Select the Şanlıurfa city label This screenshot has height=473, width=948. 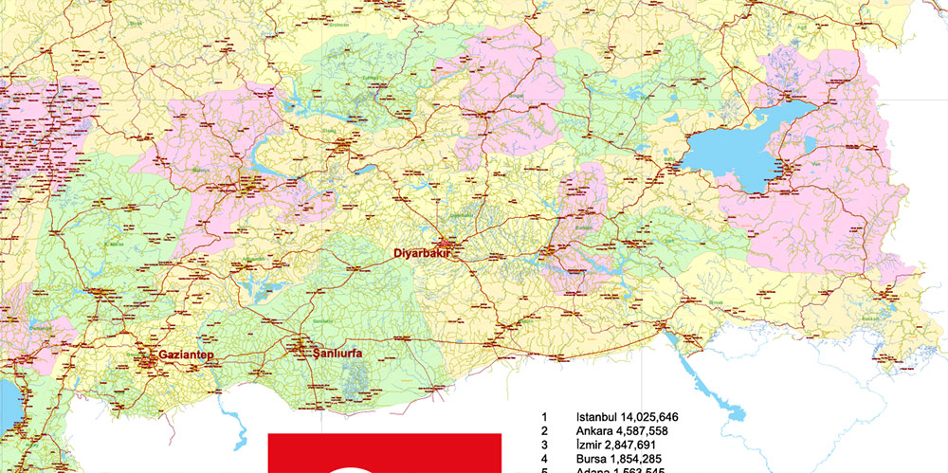point(338,355)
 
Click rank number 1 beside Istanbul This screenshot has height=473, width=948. point(544,417)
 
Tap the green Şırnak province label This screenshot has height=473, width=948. point(718,301)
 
